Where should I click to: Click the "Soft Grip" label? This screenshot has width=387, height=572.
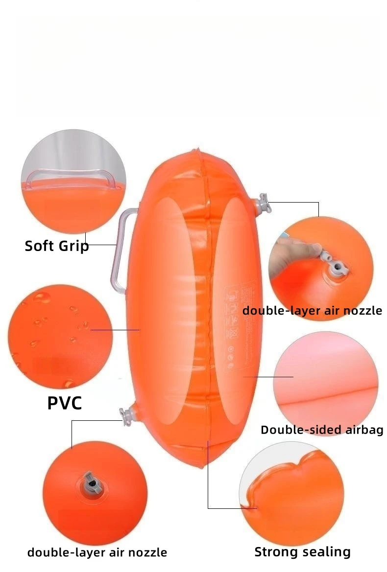coord(57,246)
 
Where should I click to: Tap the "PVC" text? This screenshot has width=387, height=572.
coord(64,403)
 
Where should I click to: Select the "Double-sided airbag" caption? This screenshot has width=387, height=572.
coord(321,430)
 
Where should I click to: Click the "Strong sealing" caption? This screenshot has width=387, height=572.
coord(302,552)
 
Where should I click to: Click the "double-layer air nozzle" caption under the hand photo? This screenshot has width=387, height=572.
coord(312,310)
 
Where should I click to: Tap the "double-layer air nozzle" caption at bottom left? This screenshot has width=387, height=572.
coord(97,552)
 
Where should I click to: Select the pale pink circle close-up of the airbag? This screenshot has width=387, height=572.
coord(325,376)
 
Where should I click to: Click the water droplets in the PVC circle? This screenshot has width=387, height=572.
coord(59,318)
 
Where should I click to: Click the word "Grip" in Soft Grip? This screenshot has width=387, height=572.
coord(73,246)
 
